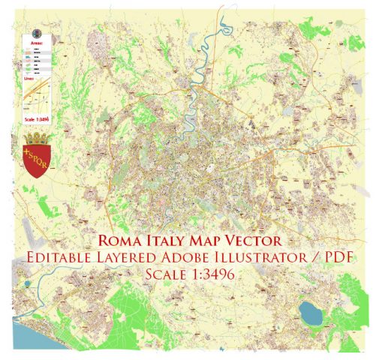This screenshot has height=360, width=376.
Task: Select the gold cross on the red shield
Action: [x=29, y=156]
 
